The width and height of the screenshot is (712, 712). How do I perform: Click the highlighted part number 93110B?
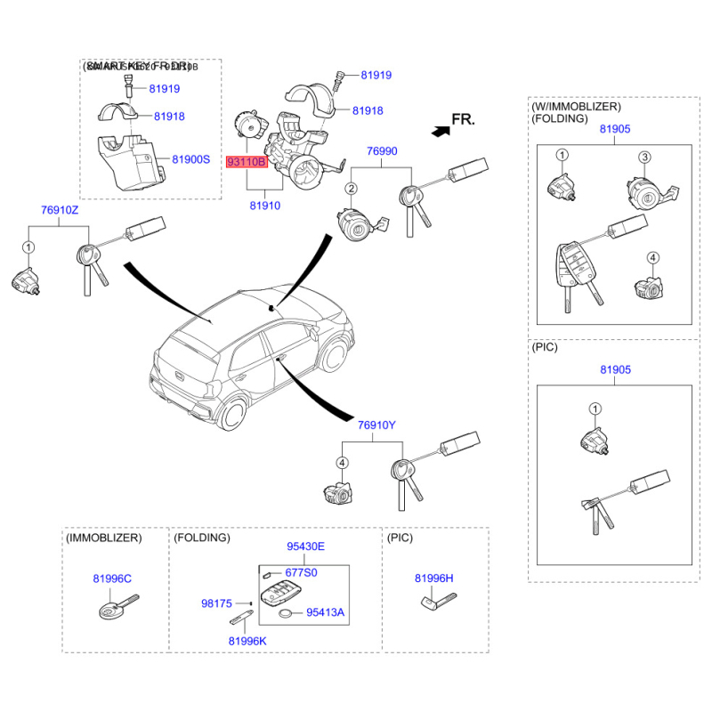(247, 164)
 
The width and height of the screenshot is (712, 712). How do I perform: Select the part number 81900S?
(190, 159)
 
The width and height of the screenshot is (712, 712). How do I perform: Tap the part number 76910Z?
(60, 210)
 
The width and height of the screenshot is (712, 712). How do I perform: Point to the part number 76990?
(383, 151)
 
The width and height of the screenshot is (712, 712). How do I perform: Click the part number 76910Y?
(376, 425)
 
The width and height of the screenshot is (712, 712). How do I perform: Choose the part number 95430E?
(305, 546)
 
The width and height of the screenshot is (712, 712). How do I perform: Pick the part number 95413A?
(325, 612)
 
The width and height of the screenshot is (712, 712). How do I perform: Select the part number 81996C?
(112, 578)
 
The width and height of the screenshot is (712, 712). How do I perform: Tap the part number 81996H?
(434, 578)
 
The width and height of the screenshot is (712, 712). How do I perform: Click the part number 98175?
(217, 603)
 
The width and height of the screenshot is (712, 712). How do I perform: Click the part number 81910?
(265, 206)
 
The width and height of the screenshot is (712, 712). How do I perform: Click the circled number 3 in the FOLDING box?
(644, 157)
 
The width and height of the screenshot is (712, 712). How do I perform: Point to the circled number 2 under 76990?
(352, 189)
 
